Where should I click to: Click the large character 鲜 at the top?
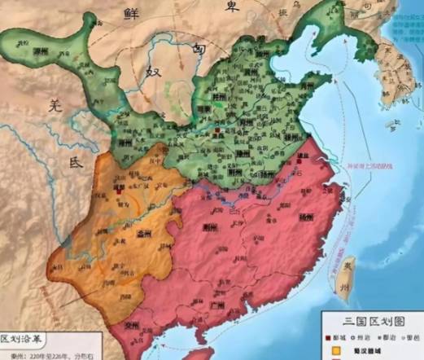pyautogui.click(x=129, y=11)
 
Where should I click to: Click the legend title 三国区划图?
pyautogui.click(x=370, y=319)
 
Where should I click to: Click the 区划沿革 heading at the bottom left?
pyautogui.click(x=32, y=337)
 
